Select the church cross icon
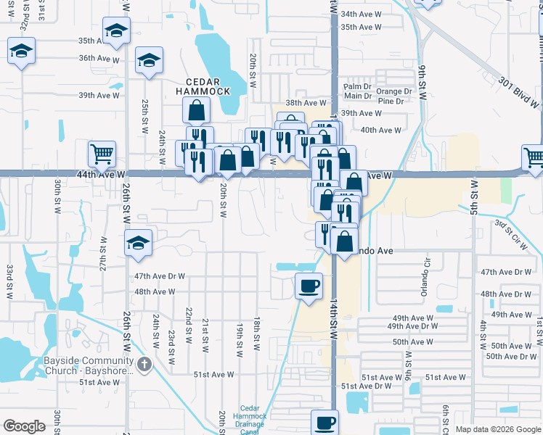(x=144, y=363)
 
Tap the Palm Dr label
(x=357, y=86)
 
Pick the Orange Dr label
(x=393, y=91)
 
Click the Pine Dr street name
(x=391, y=101)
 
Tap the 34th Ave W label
(x=361, y=14)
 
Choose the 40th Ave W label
(x=380, y=130)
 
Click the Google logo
(x=25, y=426)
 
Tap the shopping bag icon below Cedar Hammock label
(x=196, y=111)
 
